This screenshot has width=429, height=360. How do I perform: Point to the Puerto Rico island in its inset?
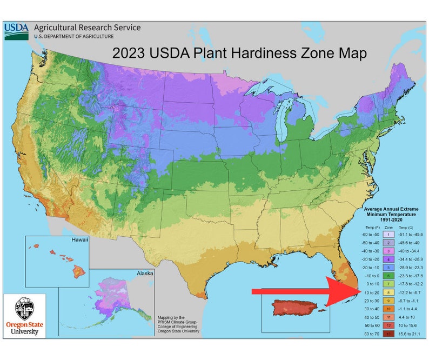[x=294, y=309]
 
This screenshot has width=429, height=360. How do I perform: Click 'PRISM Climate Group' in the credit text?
[x=177, y=322]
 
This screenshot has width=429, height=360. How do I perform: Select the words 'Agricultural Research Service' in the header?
[x=87, y=28]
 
